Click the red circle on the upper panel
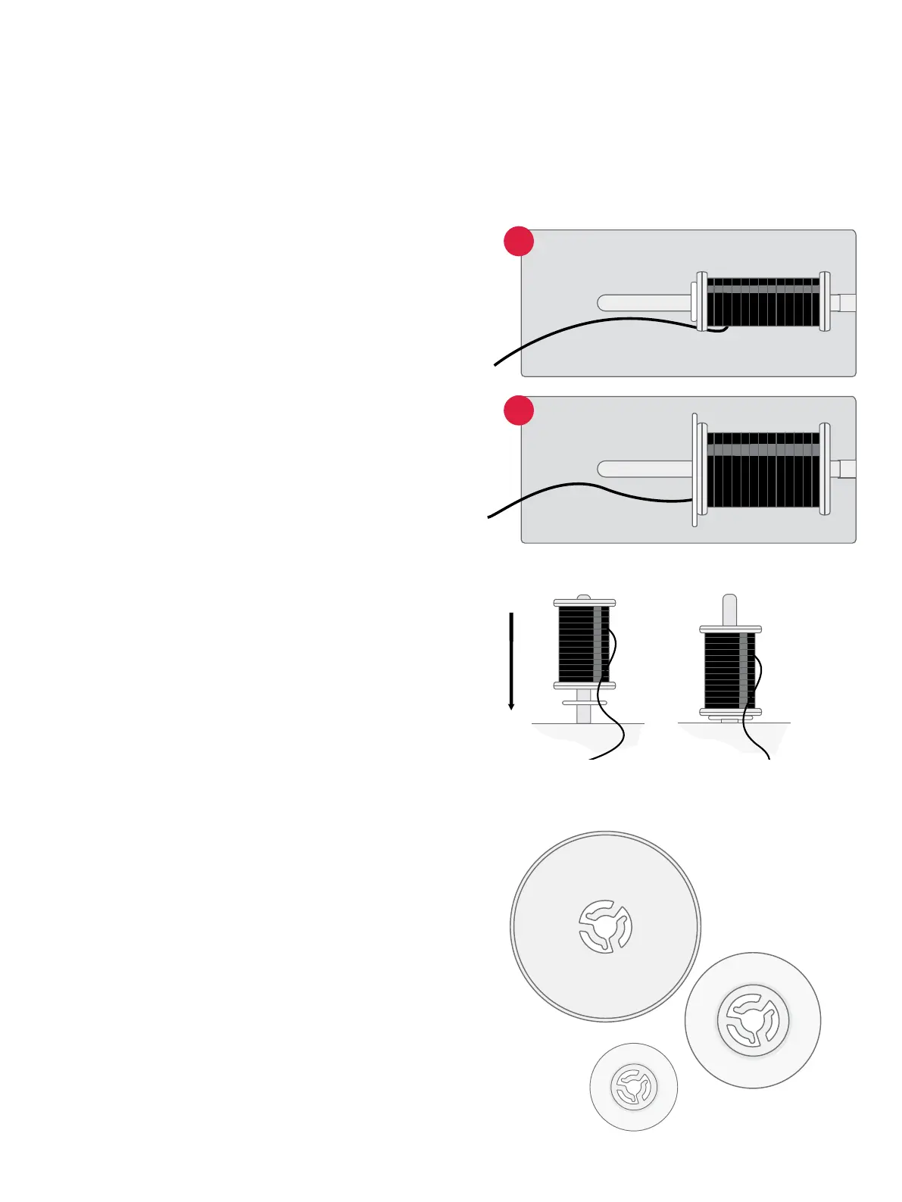click(x=519, y=241)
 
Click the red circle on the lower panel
click(x=519, y=410)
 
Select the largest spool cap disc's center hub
click(x=605, y=926)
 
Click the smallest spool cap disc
click(x=633, y=1087)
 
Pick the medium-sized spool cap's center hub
click(x=753, y=1020)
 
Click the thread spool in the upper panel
click(x=763, y=302)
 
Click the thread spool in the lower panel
click(x=763, y=470)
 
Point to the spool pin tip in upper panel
click(x=604, y=303)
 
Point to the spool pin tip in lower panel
click(x=604, y=470)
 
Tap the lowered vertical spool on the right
click(x=730, y=670)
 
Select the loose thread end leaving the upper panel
click(x=497, y=364)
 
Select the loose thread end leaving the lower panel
click(x=490, y=517)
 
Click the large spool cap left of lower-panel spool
click(x=694, y=470)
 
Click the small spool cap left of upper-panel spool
click(x=694, y=306)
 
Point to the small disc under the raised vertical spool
click(x=584, y=703)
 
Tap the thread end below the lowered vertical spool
click(x=768, y=756)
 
